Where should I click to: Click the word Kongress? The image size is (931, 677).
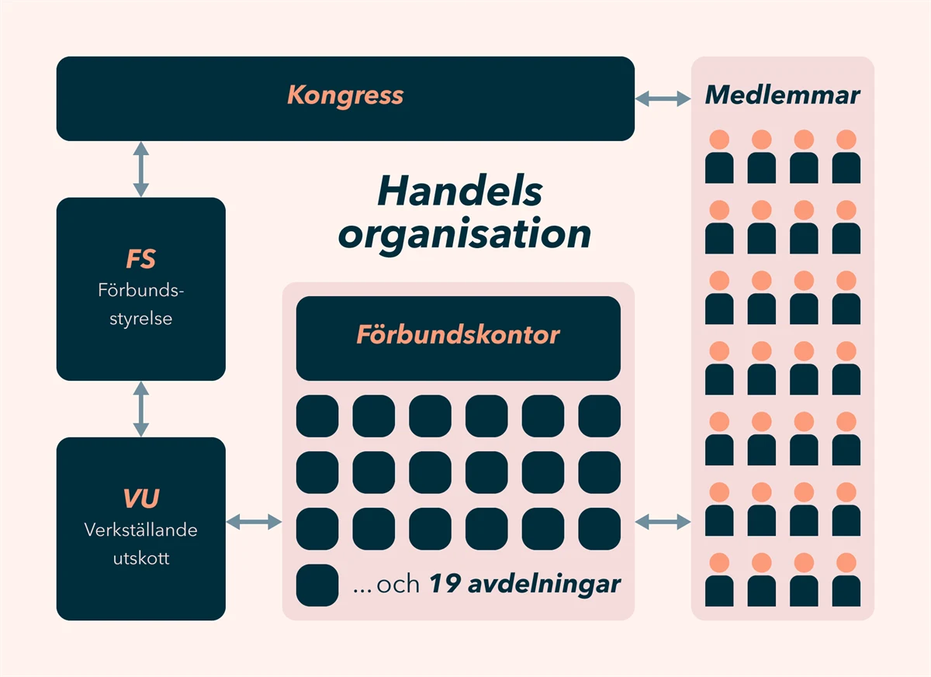[x=345, y=95]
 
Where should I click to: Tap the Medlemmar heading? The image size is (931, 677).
[x=782, y=95]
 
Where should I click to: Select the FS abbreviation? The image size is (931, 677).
[x=141, y=260]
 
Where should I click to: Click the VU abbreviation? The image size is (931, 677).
[x=141, y=499]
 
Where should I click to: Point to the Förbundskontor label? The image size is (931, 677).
[x=458, y=335]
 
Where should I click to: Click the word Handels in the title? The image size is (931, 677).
[x=460, y=192]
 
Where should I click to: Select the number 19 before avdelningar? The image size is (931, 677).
[x=445, y=584]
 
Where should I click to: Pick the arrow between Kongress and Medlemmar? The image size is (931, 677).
[x=663, y=98]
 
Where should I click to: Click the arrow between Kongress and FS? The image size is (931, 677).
[x=140, y=168]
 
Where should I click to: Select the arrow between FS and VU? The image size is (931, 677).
[x=140, y=409]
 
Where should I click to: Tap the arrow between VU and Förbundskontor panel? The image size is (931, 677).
[x=254, y=523]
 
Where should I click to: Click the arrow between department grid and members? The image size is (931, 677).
[x=663, y=523]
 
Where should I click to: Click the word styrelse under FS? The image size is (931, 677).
[x=141, y=318]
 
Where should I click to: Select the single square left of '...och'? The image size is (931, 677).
[x=317, y=585]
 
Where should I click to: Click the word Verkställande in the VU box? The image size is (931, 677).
[x=141, y=530]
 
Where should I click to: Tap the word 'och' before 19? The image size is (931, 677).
[x=398, y=585]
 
